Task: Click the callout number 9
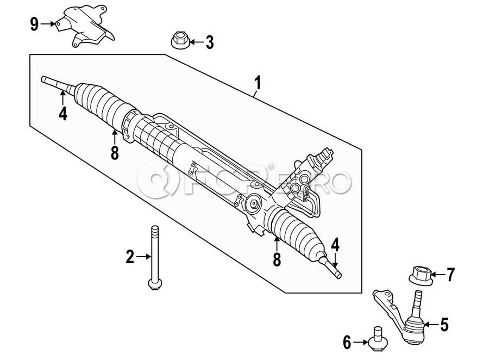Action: click(x=34, y=24)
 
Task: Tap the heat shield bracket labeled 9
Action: click(x=85, y=26)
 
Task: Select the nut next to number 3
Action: click(x=180, y=40)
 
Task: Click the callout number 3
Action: click(x=210, y=42)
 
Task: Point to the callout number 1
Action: click(x=258, y=83)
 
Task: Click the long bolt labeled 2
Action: click(x=155, y=258)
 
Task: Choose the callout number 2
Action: click(x=130, y=257)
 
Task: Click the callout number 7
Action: click(x=450, y=275)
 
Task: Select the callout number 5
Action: click(x=444, y=325)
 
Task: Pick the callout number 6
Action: click(x=347, y=343)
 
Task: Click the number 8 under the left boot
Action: click(x=115, y=153)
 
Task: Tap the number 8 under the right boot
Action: click(x=277, y=259)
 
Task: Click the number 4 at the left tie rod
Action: click(x=62, y=113)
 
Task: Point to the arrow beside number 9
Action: click(x=48, y=24)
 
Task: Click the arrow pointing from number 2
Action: click(x=143, y=257)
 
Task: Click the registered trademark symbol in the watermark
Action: click(x=271, y=166)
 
